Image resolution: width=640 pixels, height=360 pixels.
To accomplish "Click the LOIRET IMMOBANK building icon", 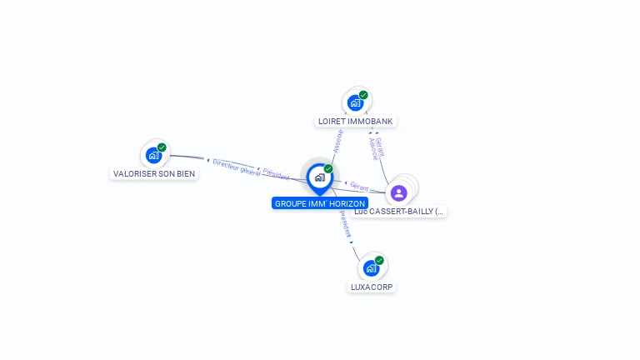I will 356,103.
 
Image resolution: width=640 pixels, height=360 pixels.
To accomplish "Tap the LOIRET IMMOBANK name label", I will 356,121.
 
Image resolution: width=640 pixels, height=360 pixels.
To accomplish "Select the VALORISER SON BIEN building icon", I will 153,155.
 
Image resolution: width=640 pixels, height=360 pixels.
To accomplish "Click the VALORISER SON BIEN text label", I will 154,173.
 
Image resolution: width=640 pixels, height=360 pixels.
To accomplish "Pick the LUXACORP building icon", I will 371,268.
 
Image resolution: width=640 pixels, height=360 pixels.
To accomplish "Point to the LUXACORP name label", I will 372,287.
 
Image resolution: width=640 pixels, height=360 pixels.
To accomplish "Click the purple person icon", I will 398,192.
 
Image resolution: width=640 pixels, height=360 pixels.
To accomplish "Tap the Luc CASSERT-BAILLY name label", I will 399,212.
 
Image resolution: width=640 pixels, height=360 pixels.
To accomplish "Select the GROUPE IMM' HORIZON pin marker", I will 319,177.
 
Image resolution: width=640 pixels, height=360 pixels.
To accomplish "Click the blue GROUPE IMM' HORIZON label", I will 319,203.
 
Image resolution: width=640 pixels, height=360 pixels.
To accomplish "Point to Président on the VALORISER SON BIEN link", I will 276,175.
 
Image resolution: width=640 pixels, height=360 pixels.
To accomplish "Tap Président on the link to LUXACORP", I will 345,225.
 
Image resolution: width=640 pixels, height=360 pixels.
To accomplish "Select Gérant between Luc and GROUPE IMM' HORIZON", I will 359,187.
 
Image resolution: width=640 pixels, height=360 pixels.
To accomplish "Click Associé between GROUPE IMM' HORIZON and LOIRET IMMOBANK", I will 337,139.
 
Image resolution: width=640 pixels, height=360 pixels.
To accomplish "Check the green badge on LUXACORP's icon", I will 379,260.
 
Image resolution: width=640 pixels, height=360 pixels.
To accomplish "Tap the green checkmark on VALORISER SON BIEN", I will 162,147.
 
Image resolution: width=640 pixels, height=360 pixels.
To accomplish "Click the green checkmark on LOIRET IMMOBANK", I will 364,95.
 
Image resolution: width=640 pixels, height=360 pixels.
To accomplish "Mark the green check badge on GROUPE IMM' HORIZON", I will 328,169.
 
